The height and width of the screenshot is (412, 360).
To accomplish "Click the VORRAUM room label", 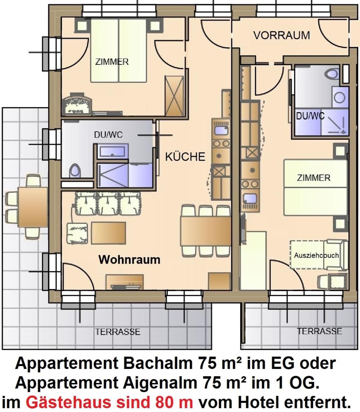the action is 282,35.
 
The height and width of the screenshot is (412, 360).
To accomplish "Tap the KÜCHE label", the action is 185,157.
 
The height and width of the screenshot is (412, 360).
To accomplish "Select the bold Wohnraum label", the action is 130,260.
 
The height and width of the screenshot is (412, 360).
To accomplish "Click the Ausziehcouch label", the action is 316,255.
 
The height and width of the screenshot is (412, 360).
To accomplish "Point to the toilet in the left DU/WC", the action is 75,171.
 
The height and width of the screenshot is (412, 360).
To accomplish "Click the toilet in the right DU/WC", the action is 332,74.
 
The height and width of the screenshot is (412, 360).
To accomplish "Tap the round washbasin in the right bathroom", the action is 339,98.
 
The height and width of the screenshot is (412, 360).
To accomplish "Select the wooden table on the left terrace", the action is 33,207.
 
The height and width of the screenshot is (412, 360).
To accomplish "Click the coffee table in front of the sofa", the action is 109,233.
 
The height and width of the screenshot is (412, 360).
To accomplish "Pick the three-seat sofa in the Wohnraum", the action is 108,203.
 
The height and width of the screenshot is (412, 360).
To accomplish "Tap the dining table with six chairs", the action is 205,231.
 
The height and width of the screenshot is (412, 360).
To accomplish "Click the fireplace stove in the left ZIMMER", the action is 77,104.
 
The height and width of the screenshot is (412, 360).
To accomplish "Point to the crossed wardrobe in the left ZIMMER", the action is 174,96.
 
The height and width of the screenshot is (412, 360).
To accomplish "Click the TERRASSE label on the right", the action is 320,331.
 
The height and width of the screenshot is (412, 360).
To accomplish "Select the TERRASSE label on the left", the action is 118,332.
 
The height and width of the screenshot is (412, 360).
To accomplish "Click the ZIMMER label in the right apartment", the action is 314,178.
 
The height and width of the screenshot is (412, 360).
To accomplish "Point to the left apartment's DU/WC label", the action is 109,135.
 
